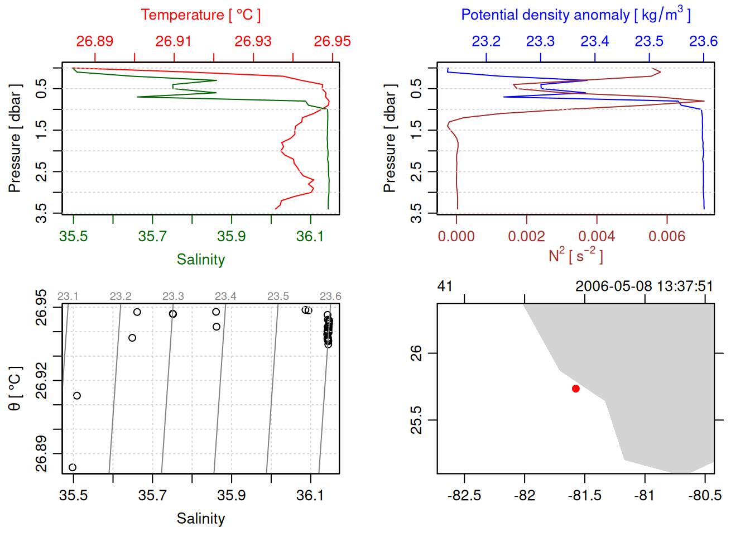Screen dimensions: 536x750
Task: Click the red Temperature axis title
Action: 200,15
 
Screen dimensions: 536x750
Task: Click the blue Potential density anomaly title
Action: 575,15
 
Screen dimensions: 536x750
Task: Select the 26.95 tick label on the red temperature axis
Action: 332,41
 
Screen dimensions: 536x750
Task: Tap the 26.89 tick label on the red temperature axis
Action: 95,41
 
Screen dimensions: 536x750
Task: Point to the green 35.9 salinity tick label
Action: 231,236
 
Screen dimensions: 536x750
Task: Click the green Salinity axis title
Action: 200,260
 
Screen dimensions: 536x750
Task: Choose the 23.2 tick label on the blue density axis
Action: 486,41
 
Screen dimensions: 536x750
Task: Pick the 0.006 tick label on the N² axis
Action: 667,236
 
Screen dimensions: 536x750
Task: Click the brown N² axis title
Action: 575,256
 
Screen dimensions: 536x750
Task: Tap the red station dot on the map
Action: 576,389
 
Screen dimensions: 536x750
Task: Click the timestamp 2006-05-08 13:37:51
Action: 644,286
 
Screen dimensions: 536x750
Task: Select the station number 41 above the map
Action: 445,286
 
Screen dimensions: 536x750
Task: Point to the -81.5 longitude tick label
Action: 584,495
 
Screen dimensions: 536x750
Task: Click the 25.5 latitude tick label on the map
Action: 416,420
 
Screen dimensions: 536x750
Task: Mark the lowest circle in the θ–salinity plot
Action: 73,467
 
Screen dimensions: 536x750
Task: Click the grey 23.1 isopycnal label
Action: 68,296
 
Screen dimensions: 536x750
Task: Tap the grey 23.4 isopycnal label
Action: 225,296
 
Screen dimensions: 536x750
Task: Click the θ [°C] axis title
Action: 15,389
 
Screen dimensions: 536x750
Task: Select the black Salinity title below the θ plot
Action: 200,519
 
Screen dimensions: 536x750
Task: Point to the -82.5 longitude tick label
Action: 464,495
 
